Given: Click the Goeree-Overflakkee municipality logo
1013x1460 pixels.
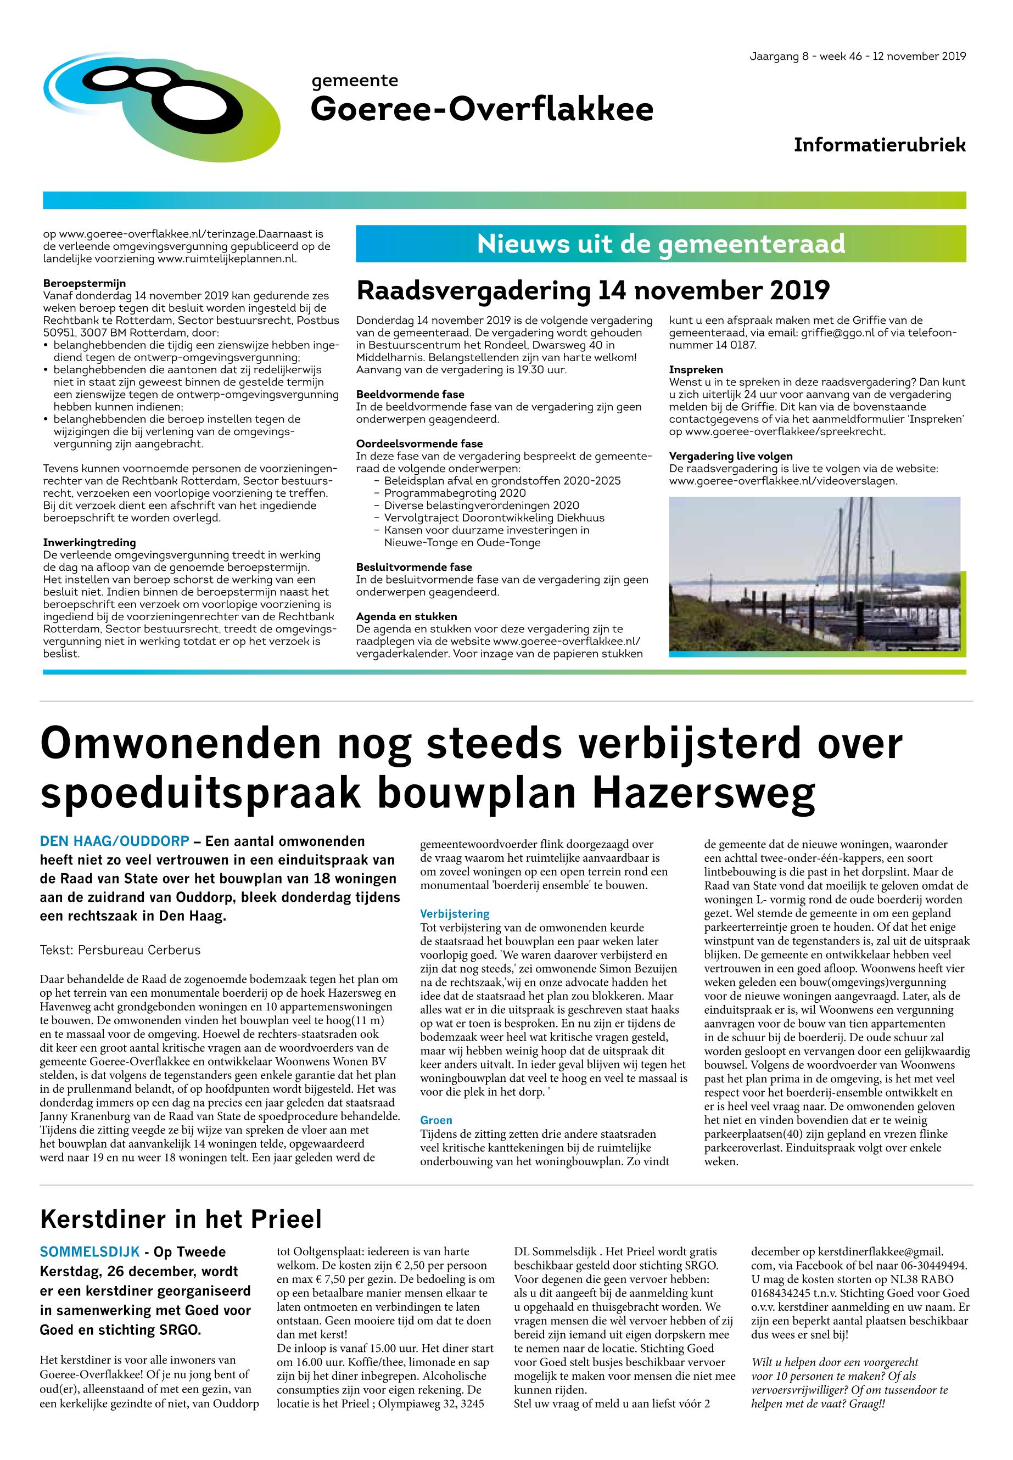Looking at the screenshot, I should [x=162, y=106].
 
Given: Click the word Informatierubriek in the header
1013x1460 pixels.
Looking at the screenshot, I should [x=879, y=145].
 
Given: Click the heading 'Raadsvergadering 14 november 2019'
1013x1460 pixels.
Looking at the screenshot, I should [x=593, y=290].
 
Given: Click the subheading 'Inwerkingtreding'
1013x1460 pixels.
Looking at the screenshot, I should [x=89, y=542].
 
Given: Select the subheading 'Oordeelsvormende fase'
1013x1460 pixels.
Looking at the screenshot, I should [x=419, y=443].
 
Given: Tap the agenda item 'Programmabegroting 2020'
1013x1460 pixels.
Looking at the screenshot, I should [x=455, y=493].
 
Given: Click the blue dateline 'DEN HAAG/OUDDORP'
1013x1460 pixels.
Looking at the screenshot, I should [x=114, y=841].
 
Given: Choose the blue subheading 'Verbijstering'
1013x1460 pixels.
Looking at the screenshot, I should [x=455, y=914].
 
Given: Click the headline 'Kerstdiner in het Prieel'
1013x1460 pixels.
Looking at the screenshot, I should [x=181, y=1219].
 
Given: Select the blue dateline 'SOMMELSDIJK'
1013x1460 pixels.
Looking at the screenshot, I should [x=88, y=1252].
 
